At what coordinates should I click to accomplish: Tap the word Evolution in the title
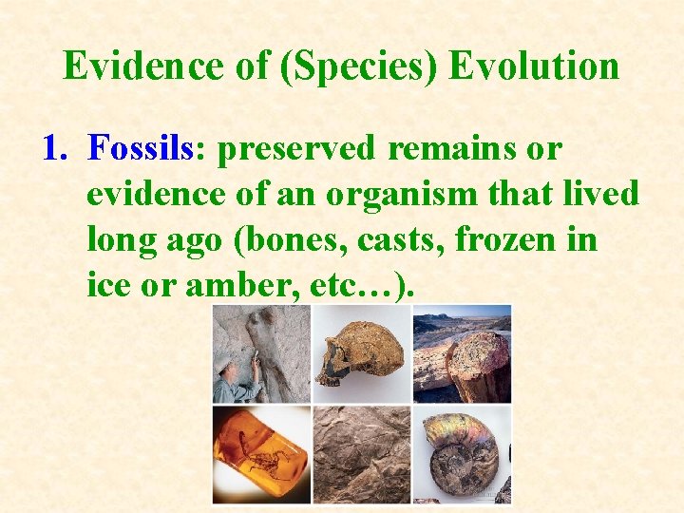[534, 66]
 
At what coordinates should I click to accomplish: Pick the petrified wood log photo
[463, 353]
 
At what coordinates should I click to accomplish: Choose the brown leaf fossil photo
[362, 454]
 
